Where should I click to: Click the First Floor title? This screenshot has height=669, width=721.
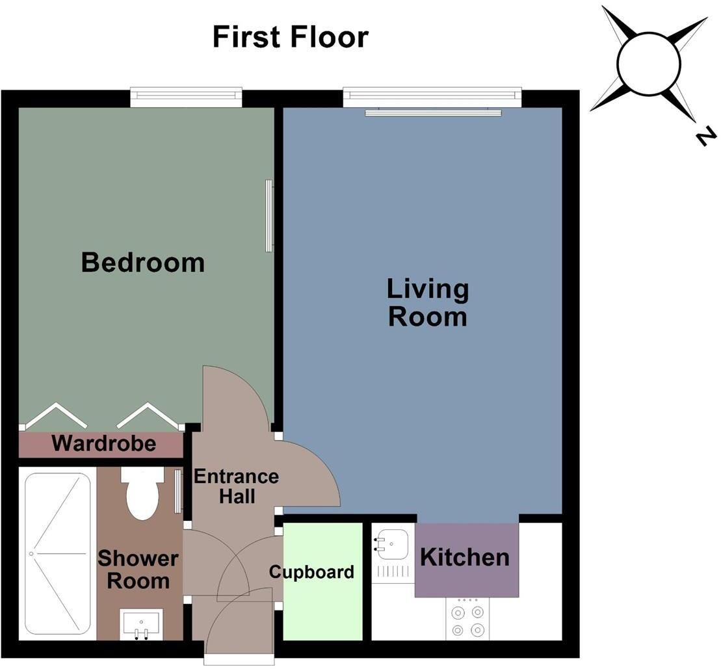pyautogui.click(x=290, y=37)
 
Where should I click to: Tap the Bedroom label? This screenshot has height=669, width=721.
pyautogui.click(x=142, y=263)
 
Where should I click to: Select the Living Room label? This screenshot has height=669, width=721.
pyautogui.click(x=428, y=302)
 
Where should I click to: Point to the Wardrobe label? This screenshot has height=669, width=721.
pyautogui.click(x=104, y=443)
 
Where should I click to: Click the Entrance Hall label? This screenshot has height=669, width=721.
pyautogui.click(x=237, y=486)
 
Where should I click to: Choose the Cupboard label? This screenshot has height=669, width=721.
pyautogui.click(x=312, y=572)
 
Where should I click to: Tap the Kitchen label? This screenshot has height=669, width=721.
pyautogui.click(x=465, y=557)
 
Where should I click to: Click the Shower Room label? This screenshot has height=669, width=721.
pyautogui.click(x=138, y=570)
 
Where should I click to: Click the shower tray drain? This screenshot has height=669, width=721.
pyautogui.click(x=32, y=553)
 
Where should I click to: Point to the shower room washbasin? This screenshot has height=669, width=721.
pyautogui.click(x=142, y=624)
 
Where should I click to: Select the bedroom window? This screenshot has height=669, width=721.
pyautogui.click(x=186, y=97)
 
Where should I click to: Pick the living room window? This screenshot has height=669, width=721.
pyautogui.click(x=432, y=97)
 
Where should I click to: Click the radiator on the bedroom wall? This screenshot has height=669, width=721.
pyautogui.click(x=269, y=216)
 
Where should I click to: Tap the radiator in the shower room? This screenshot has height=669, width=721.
pyautogui.click(x=178, y=492)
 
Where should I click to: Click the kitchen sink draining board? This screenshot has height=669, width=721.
pyautogui.click(x=393, y=572)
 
